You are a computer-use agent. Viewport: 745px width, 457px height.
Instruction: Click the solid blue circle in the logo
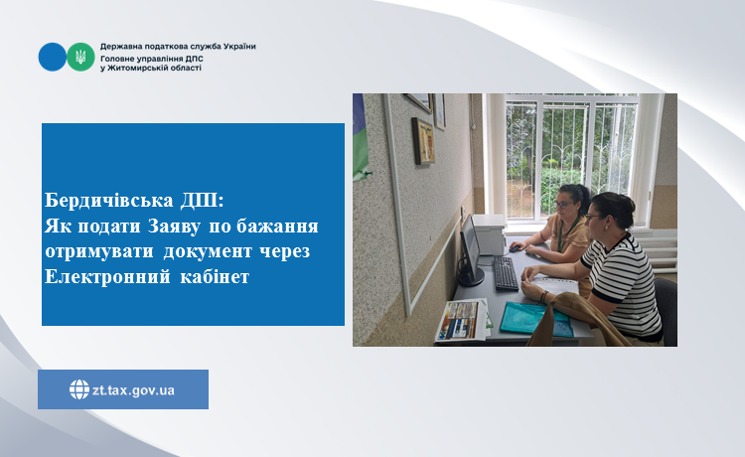click(53, 57)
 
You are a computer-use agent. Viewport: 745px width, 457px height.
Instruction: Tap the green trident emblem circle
click(80, 57)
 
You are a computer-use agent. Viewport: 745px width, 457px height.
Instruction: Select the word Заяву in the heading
click(174, 227)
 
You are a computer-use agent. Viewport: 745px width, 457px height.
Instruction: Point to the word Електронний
click(107, 276)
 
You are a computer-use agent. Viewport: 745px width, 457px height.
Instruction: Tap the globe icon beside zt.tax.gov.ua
click(79, 389)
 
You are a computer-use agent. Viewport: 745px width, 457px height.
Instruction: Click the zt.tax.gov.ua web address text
click(133, 390)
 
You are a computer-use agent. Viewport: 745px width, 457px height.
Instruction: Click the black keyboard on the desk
click(506, 272)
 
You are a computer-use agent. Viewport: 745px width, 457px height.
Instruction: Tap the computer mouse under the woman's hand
click(515, 248)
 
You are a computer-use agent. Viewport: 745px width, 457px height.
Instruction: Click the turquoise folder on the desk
click(535, 319)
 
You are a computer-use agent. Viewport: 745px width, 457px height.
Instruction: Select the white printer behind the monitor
click(489, 233)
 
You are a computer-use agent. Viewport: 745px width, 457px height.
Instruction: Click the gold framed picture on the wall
click(423, 141)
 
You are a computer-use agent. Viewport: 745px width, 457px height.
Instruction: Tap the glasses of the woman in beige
click(562, 205)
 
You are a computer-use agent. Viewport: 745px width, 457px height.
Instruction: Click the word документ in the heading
click(208, 251)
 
